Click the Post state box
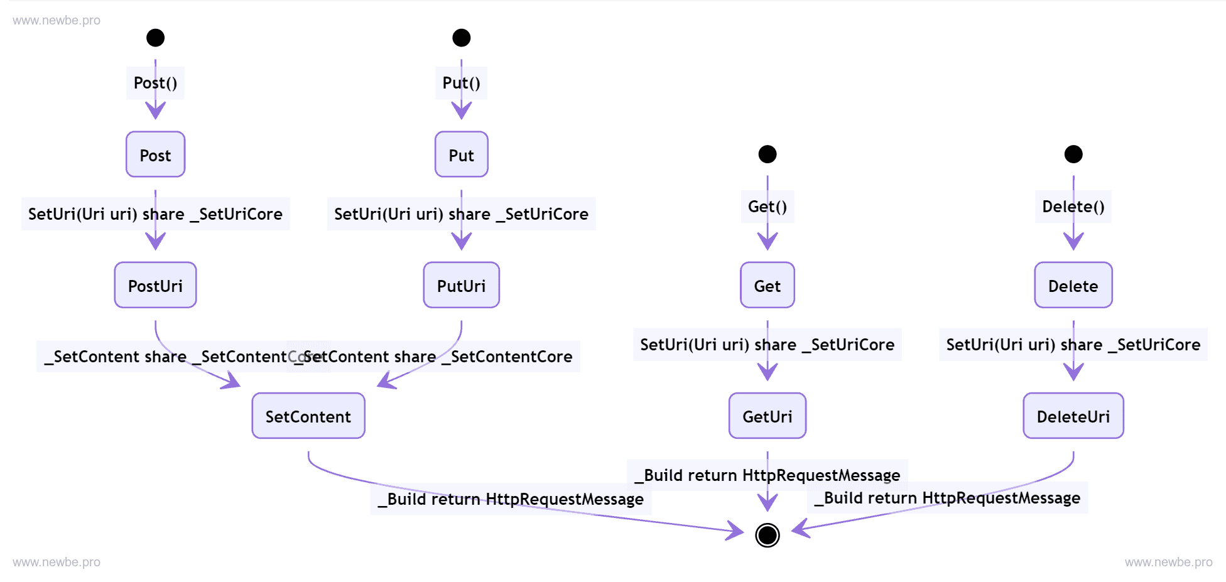(x=155, y=154)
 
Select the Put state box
(x=461, y=154)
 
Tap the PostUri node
(x=155, y=285)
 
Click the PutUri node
(x=461, y=285)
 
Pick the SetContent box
(x=308, y=416)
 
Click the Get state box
(x=767, y=285)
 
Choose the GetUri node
(x=767, y=416)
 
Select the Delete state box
(x=1073, y=285)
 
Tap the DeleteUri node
(x=1073, y=416)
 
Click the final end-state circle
(x=767, y=535)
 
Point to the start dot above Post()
(x=155, y=38)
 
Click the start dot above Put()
(x=461, y=38)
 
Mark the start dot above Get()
(x=767, y=154)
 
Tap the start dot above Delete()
(x=1073, y=154)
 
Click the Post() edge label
(x=155, y=83)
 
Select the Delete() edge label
(x=1073, y=207)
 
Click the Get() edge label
(x=767, y=207)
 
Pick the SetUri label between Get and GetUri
(x=767, y=344)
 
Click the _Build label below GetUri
(x=767, y=475)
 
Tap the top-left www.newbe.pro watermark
(x=57, y=20)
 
